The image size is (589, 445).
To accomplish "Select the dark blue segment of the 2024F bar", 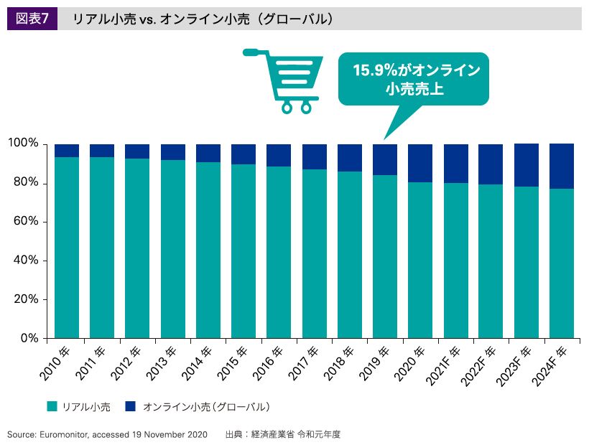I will pos(562,165).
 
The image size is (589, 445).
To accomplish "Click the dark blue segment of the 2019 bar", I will pos(385,159).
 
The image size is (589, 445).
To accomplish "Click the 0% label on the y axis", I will pos(29,338).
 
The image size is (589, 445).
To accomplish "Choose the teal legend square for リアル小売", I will pos(52,406).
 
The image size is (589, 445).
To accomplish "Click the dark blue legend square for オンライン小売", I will pos(129,406).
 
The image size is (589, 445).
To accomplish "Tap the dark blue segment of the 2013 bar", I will pos(172,151).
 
